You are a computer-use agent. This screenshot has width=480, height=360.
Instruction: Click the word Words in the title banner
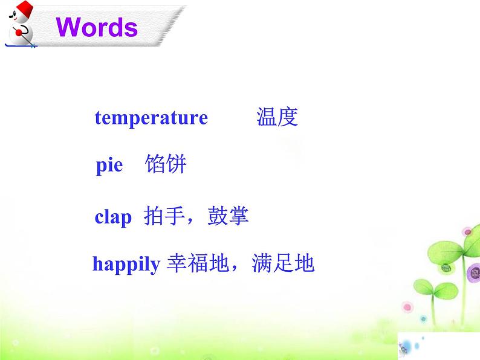[x=97, y=27]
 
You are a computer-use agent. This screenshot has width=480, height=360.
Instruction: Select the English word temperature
[x=151, y=117]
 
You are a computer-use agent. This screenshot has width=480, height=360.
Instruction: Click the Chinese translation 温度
[x=277, y=117]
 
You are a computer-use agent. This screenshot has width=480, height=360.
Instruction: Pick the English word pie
[x=109, y=165]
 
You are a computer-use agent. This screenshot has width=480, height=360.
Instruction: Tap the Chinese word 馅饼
[x=166, y=164]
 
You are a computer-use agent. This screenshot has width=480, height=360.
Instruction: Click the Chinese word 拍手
[x=164, y=216]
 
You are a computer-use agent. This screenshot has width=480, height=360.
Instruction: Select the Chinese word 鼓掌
[x=228, y=216]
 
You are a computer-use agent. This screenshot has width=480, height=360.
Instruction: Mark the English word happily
[x=126, y=264]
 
